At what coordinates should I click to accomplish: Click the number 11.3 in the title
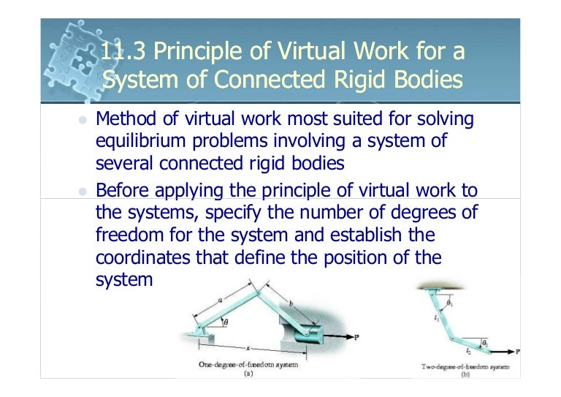pyautogui.click(x=121, y=52)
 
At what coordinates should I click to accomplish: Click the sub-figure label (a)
pyautogui.click(x=249, y=373)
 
